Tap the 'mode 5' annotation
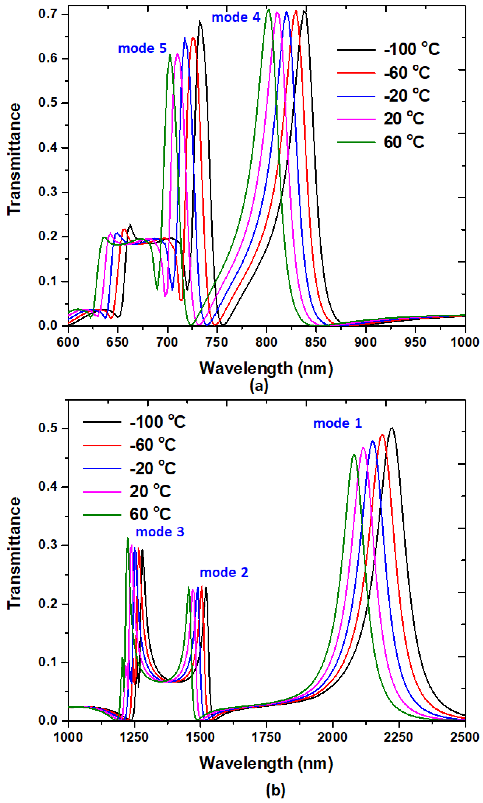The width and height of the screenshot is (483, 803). pyautogui.click(x=142, y=48)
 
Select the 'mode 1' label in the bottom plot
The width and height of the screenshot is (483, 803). pyautogui.click(x=337, y=423)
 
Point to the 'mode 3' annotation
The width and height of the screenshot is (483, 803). pyautogui.click(x=160, y=532)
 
